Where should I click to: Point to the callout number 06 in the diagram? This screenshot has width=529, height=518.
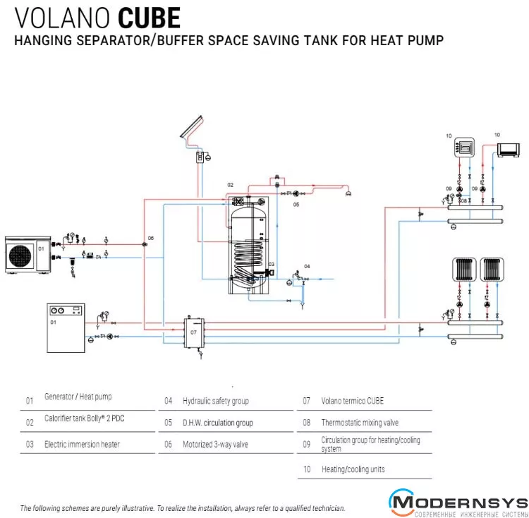point(150,238)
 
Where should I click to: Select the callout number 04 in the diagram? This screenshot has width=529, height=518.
point(307,265)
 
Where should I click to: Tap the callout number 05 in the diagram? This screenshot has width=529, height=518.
point(297,204)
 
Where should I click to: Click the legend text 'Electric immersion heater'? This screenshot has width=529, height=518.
point(82,445)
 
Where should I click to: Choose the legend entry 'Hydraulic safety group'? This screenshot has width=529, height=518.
point(216,401)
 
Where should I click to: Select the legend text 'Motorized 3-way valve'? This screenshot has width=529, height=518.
point(215,445)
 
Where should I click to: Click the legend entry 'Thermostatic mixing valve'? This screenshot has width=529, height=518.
point(360,423)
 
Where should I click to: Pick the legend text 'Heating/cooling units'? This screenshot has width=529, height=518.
point(353,469)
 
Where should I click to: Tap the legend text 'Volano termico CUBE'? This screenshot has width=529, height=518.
point(353,401)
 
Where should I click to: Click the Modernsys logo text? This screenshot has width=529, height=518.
point(459,502)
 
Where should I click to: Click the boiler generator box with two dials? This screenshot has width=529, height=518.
point(65,327)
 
